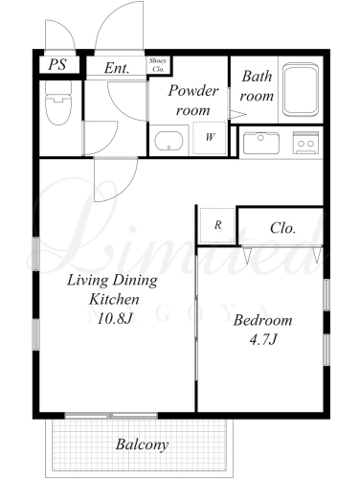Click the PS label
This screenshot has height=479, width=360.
(57, 64)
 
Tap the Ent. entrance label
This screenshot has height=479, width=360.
(117, 68)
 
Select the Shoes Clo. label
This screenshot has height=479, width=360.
(158, 65)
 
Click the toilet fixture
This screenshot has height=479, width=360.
(58, 103)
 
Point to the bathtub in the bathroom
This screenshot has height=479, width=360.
(301, 90)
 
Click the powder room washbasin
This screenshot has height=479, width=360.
(169, 141)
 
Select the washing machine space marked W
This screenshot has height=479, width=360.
(210, 138)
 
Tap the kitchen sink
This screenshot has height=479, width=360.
(261, 143)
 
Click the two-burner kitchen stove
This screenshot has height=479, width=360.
(305, 143)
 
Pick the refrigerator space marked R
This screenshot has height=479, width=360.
(217, 225)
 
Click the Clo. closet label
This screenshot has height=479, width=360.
(282, 228)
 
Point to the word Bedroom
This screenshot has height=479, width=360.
(262, 320)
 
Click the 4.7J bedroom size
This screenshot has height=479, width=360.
(262, 339)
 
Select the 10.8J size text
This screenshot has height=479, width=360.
(114, 318)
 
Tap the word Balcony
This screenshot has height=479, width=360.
(142, 445)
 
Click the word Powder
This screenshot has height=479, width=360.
(193, 90)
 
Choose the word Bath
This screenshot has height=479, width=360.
(257, 76)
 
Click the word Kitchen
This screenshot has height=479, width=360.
(114, 299)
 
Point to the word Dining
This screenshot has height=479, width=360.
(136, 281)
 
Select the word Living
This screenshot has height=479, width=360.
(88, 281)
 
